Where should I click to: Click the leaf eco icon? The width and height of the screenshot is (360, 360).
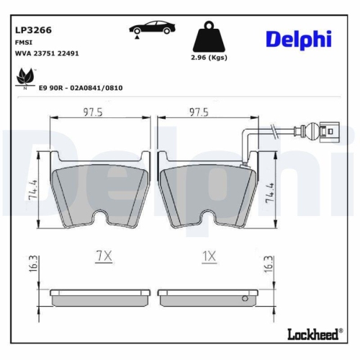(x=27, y=76)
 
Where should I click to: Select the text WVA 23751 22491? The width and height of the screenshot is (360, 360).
(x=47, y=53)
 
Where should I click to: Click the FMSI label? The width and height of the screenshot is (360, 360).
(x=24, y=42)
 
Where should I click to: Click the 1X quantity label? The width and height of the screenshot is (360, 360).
(x=208, y=256)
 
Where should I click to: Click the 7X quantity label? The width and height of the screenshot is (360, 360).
(x=104, y=256)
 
